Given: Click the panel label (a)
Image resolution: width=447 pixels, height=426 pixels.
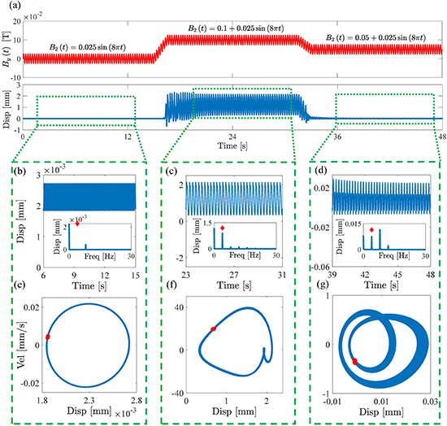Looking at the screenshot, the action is (x=15, y=6).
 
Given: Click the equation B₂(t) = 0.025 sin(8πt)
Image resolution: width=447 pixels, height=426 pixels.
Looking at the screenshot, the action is (x=88, y=47).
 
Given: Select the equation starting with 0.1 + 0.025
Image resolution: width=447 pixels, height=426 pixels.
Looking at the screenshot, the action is (x=236, y=28).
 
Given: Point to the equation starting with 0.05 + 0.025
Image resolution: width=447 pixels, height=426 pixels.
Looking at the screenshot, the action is (x=375, y=37).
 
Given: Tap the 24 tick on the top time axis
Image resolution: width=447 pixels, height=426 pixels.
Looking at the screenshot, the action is (x=232, y=137).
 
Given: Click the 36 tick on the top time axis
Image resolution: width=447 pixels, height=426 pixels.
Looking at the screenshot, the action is (x=337, y=137).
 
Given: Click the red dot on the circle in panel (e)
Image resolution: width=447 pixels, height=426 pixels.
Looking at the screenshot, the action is (x=48, y=337).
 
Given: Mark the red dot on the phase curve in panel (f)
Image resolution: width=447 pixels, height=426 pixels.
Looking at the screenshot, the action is (x=213, y=328).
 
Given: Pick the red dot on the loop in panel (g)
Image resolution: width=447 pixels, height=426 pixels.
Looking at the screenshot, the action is (x=355, y=362).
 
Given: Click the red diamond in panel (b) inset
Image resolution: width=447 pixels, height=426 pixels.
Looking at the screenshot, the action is (x=77, y=224).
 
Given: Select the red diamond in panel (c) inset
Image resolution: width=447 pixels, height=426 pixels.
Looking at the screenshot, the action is (x=223, y=228).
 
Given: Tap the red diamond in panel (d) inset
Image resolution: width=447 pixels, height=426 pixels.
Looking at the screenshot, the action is (x=371, y=230).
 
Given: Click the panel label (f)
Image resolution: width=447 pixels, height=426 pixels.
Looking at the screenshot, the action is (x=171, y=285).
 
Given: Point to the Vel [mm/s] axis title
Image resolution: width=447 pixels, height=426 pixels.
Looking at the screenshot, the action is (x=22, y=345).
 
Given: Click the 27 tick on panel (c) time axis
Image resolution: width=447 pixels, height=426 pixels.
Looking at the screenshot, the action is (x=234, y=275).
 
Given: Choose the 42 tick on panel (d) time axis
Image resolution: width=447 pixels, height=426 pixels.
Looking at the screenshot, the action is (x=365, y=275).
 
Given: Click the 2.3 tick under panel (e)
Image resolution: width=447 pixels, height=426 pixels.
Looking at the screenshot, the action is (x=89, y=401).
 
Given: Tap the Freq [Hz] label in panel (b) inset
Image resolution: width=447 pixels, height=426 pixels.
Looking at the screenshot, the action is (x=100, y=256).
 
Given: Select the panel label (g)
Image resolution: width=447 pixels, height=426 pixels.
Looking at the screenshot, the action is (x=323, y=285).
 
